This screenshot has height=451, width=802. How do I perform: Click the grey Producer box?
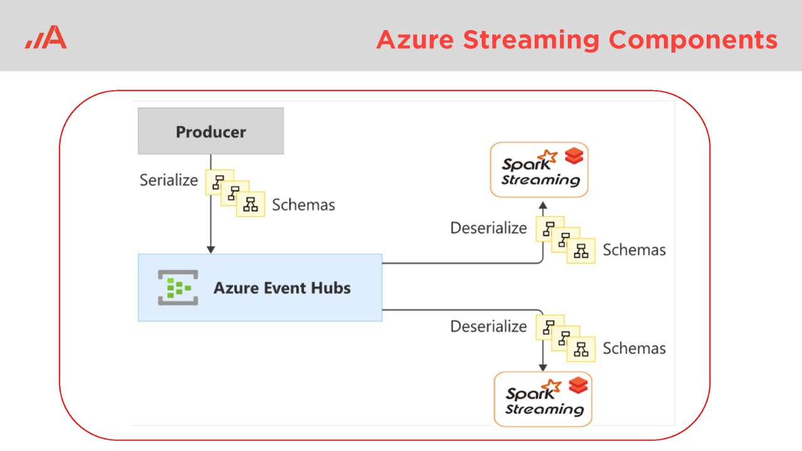[211, 132]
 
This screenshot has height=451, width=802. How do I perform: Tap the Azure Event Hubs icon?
[178, 288]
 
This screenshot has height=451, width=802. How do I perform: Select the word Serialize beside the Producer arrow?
[169, 180]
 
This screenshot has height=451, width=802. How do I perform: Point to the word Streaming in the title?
[531, 39]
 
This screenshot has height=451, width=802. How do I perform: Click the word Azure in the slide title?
[415, 39]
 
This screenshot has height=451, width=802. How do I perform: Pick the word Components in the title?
[693, 41]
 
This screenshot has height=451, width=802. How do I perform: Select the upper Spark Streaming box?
[539, 170]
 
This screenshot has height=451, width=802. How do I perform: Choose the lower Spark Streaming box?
[543, 399]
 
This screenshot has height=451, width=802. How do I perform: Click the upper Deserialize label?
[489, 228]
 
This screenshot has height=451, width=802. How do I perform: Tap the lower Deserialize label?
[489, 326]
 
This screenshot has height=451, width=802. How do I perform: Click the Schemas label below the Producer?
[303, 205]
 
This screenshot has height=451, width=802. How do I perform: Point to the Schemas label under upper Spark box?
[634, 250]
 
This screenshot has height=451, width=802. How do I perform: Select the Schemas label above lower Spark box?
[634, 348]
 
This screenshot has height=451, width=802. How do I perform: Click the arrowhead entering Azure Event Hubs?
[211, 249]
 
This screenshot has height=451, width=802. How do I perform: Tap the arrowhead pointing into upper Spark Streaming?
[543, 204]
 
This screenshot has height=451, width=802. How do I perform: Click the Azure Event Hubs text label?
[282, 288]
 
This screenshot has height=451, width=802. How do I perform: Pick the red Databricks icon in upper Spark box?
[574, 157]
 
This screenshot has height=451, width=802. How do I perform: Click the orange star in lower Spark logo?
[551, 385]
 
